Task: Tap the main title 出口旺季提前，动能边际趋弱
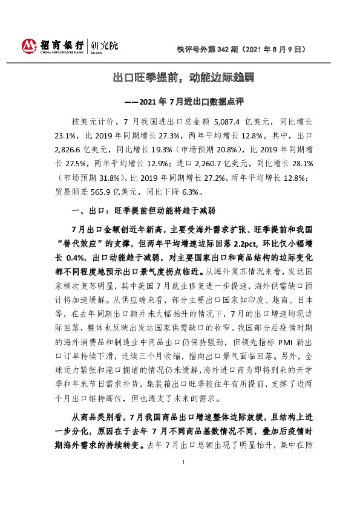point(180,77)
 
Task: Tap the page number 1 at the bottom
point(183,479)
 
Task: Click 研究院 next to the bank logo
point(104,46)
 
